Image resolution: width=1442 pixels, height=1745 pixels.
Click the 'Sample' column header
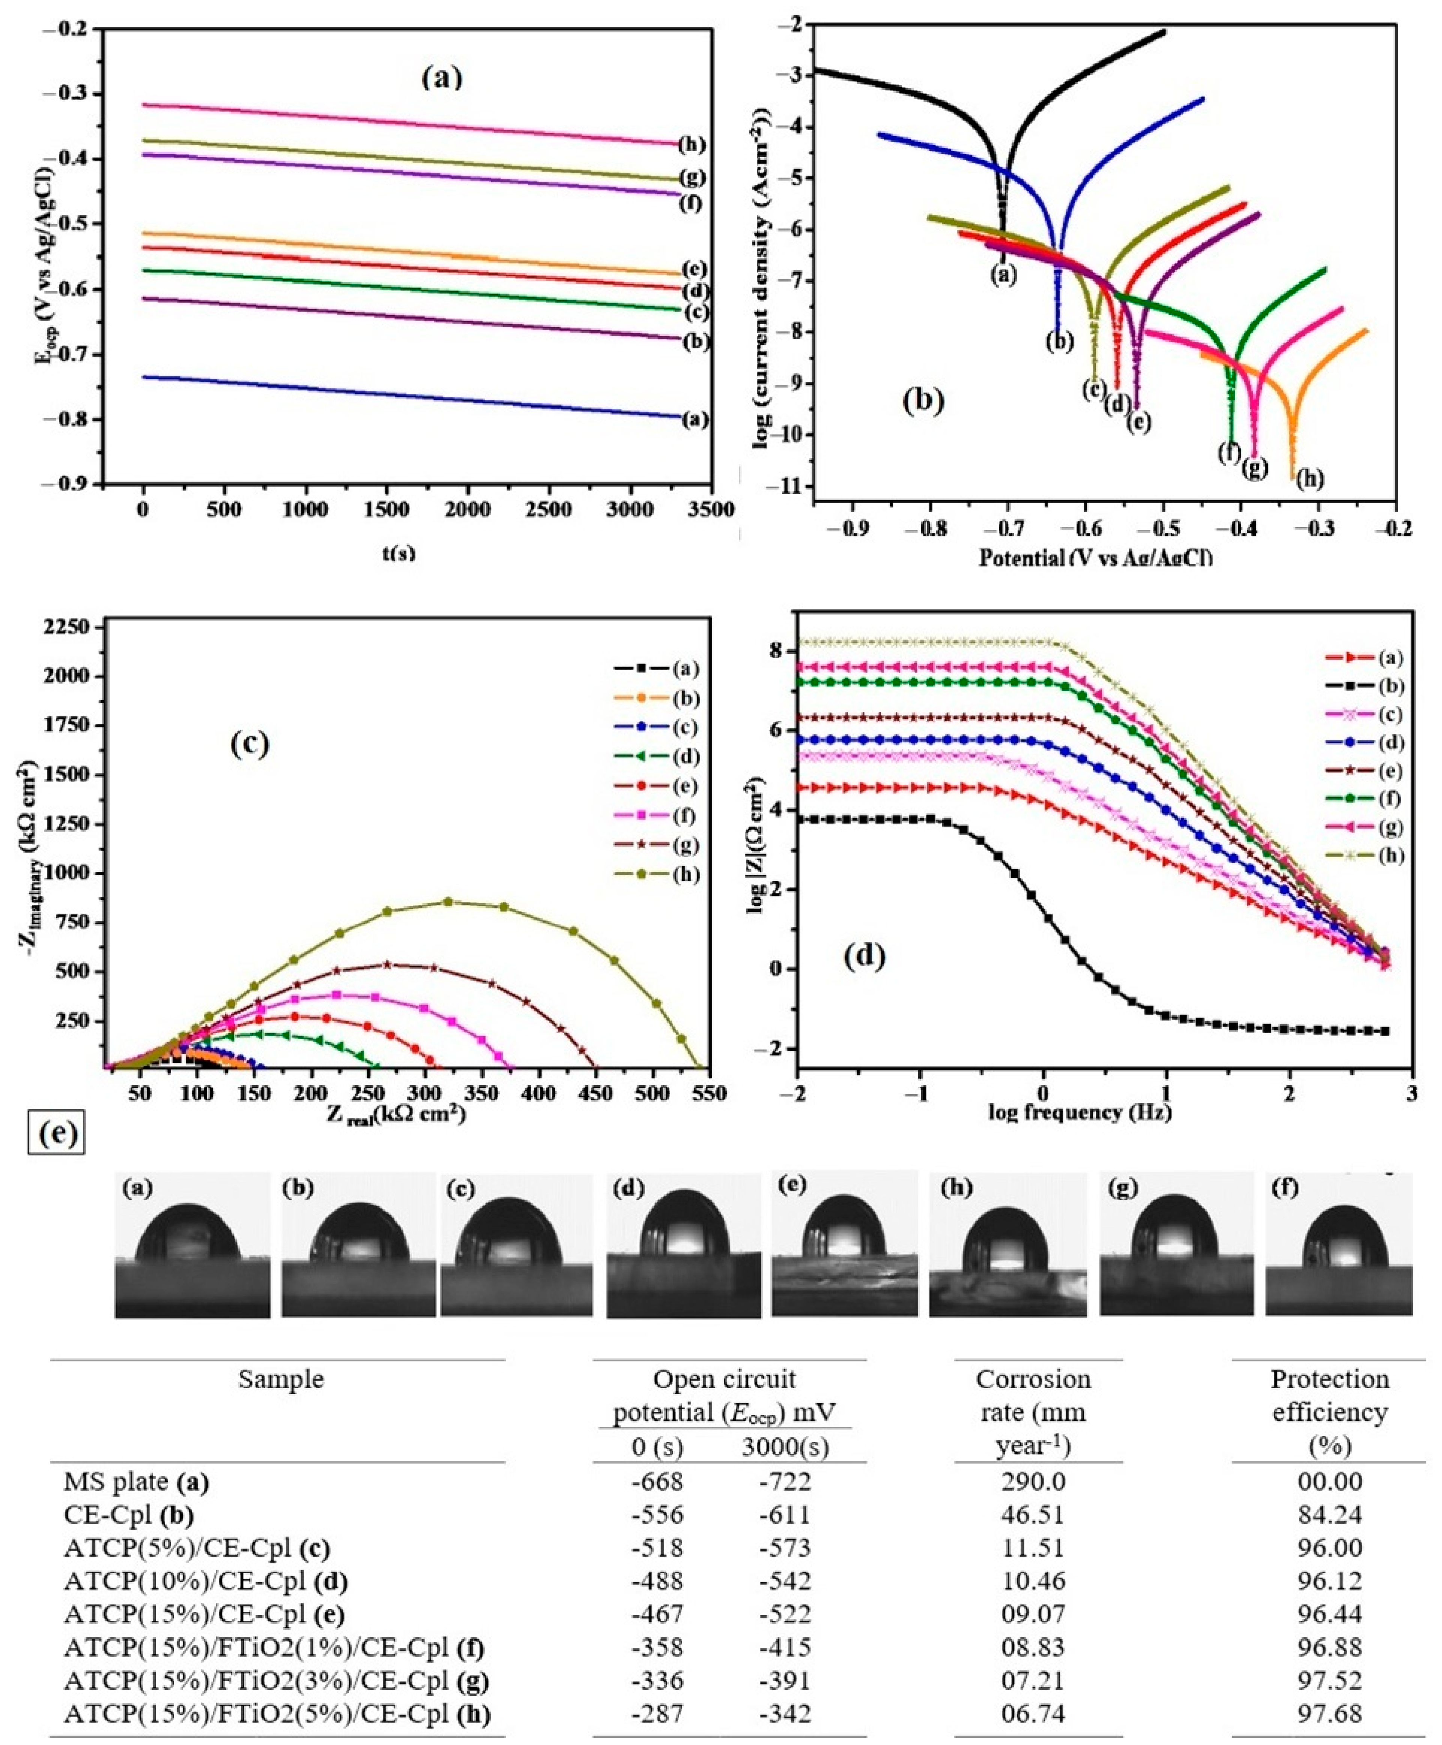(x=281, y=1379)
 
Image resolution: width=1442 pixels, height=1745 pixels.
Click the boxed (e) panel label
(x=56, y=1136)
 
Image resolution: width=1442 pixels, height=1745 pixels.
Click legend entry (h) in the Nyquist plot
(x=656, y=875)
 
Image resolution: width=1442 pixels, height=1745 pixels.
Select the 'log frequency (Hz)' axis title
(x=1080, y=1112)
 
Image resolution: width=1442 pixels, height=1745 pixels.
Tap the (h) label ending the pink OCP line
(x=691, y=145)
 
